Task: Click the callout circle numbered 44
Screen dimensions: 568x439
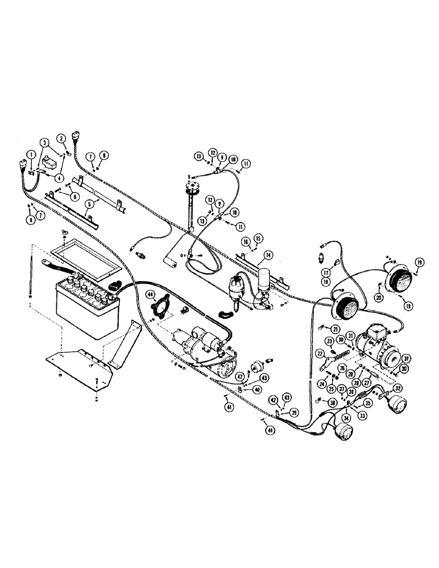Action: click(150, 294)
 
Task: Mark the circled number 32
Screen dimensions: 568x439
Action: click(396, 388)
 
